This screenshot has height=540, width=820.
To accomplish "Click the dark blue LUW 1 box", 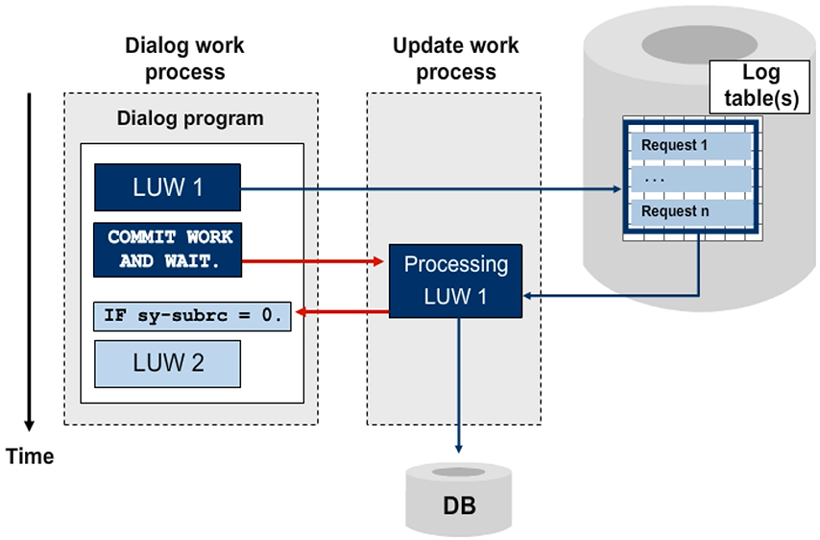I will pyautogui.click(x=167, y=187).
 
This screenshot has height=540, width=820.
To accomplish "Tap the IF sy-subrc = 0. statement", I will pyautogui.click(x=192, y=315).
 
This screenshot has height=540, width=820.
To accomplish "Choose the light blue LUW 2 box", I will pyautogui.click(x=167, y=365).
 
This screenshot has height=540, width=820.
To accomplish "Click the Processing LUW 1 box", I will pyautogui.click(x=456, y=281).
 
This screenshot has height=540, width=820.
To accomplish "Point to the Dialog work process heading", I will pyautogui.click(x=184, y=59).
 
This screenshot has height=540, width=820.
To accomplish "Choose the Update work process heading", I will pyautogui.click(x=455, y=59).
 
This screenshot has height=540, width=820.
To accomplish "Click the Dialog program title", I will pyautogui.click(x=189, y=119).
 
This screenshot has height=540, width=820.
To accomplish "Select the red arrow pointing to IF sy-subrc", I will pyautogui.click(x=341, y=311).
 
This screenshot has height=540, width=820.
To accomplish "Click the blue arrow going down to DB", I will pyautogui.click(x=458, y=384).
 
